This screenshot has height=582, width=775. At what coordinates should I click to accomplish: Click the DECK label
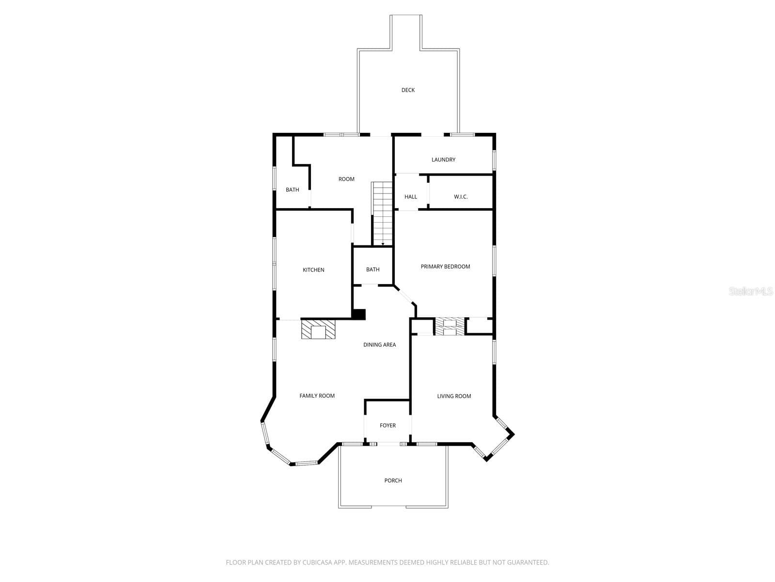click(408, 90)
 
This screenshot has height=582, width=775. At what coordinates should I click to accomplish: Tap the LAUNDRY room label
click(443, 160)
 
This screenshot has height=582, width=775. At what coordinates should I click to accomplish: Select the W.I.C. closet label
click(461, 197)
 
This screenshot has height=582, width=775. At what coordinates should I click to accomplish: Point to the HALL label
click(411, 197)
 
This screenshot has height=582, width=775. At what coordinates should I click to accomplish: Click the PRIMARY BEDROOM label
click(445, 266)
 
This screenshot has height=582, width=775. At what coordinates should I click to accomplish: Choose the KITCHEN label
click(313, 270)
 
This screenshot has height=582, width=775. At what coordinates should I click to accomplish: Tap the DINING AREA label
click(380, 344)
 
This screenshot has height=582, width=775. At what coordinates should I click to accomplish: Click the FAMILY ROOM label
click(317, 396)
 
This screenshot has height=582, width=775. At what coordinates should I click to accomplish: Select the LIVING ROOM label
click(454, 396)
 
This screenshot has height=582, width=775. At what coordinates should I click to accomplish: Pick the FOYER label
click(387, 425)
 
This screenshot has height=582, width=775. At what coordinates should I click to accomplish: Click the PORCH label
click(393, 481)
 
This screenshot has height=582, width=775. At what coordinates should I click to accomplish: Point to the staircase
click(382, 213)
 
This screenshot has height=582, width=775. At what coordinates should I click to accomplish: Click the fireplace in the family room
click(318, 329)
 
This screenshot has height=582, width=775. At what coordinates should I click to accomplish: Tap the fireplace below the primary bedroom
click(450, 326)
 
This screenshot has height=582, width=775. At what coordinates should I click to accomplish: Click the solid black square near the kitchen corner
click(359, 314)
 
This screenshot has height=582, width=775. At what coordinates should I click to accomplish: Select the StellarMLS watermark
click(751, 291)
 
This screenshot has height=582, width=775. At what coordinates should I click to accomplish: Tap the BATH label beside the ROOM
click(293, 190)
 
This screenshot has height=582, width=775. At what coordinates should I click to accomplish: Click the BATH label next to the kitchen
click(372, 270)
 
